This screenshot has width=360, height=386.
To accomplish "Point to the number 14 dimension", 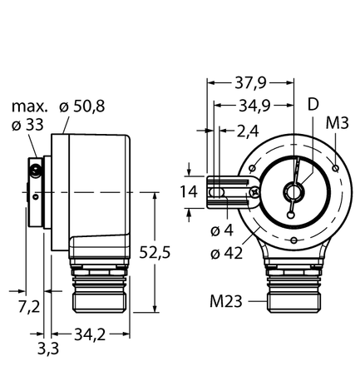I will pos(189,192).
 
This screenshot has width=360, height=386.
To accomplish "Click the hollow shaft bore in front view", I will pos(291,191).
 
